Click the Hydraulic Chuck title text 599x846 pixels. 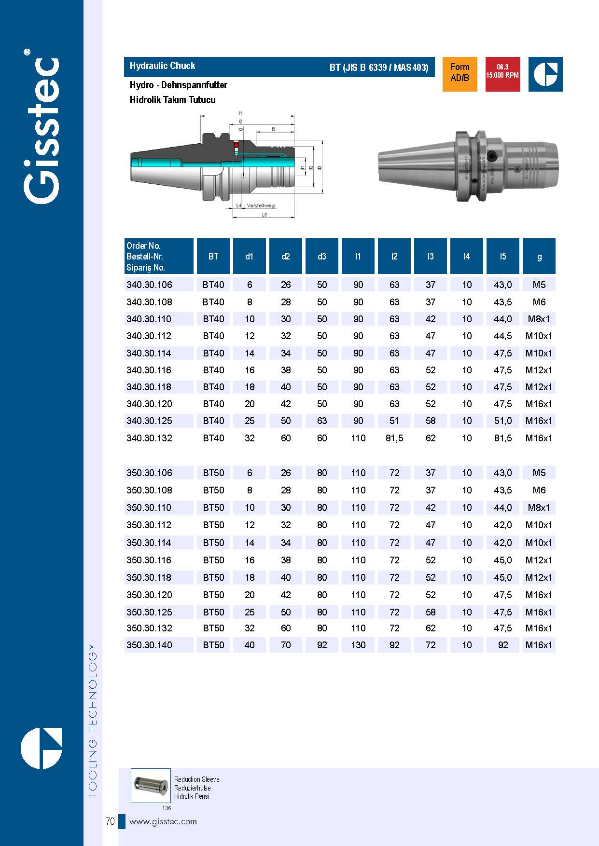pos(162,66)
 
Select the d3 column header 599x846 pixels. pos(322,257)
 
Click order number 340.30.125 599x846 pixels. pos(149,421)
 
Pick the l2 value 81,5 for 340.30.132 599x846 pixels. pos(394,438)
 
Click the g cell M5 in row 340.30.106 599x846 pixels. pos(539,285)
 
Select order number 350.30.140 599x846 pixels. pos(149,645)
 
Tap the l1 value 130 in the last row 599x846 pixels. pos(358,645)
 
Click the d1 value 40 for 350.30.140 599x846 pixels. pos(250,645)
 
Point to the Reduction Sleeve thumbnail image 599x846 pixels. pos(151,786)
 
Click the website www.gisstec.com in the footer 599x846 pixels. pos(163,821)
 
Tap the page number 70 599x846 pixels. pos(110,821)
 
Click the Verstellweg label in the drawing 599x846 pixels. pos(261,206)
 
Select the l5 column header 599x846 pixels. pos(503,257)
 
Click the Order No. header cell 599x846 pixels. pos(159,257)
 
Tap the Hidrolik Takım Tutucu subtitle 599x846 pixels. pos(172,100)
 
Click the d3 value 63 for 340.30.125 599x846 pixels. pos(322,421)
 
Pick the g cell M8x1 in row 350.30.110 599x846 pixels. pos(539,508)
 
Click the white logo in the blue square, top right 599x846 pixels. pos(545,74)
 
